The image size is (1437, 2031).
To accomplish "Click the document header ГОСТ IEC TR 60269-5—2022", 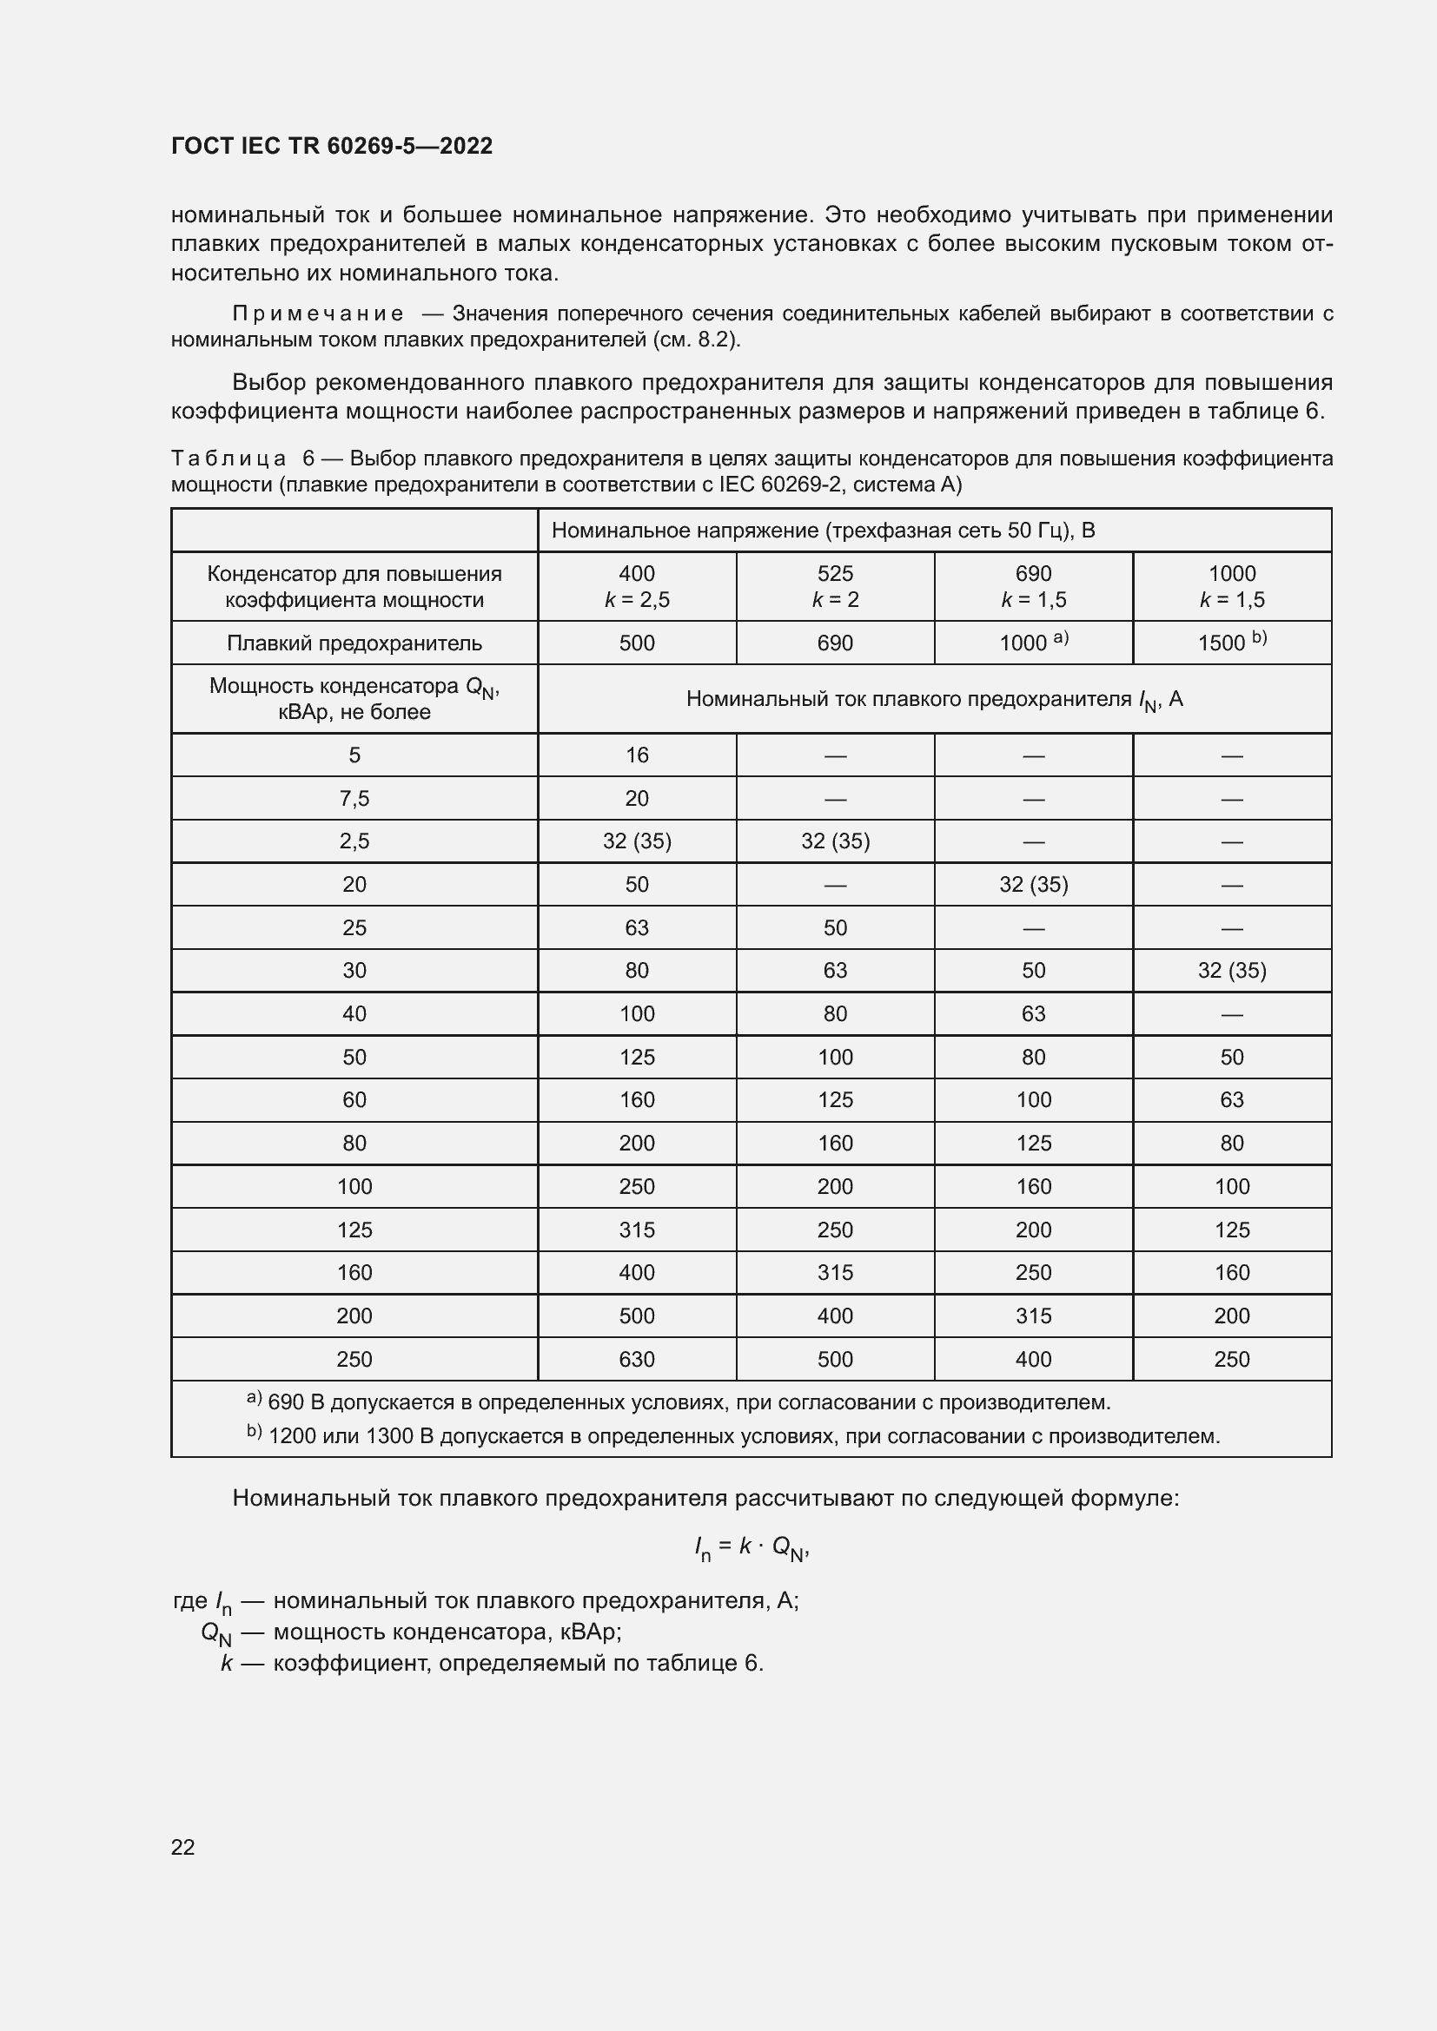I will pos(332,146).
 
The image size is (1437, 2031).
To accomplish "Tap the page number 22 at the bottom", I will pos(182,1847).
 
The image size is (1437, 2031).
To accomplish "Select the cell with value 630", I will pos(636,1359).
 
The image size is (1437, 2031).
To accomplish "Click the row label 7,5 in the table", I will pos(354,799).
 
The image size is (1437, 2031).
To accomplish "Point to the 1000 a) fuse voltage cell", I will pos(1033,643).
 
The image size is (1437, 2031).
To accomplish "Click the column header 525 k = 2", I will pos(834,586).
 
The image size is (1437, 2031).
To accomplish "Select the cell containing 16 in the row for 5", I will pos(636,755).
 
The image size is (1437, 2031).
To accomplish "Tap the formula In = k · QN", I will pos(752,1546).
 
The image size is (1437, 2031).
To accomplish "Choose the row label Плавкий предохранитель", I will pos(354,643).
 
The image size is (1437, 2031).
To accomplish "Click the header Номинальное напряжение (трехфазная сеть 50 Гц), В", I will pos(823,531).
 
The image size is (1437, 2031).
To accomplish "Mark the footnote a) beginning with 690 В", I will pos(678,1402).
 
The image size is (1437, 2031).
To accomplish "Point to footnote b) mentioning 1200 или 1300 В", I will pos(732,1435).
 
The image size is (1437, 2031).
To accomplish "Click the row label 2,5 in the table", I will pos(354,841).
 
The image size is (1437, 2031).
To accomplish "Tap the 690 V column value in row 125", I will pos(1033,1230).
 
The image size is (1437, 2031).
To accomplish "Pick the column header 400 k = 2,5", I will pos(636,586).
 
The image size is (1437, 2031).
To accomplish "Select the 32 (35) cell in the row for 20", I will pos(1033,885).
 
